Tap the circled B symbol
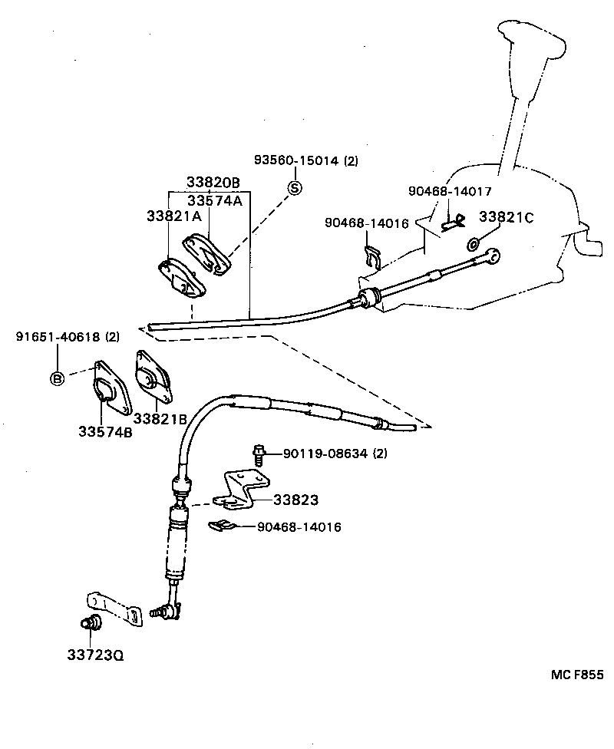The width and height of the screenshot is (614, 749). [58, 378]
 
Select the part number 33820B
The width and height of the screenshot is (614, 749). [213, 183]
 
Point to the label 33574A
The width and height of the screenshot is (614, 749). [215, 200]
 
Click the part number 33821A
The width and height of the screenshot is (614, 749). [173, 216]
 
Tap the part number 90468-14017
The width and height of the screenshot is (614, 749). [450, 191]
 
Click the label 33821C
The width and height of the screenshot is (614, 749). [506, 217]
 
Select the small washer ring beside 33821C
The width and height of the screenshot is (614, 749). [473, 244]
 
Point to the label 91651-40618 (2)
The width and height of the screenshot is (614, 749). [68, 337]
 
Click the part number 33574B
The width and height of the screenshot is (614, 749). [104, 431]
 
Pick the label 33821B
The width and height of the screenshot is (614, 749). [160, 418]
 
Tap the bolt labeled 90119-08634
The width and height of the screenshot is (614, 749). [259, 454]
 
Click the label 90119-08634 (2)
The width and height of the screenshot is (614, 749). [335, 454]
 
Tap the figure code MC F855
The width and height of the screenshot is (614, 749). [577, 675]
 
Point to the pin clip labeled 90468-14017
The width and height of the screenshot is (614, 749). [452, 223]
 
